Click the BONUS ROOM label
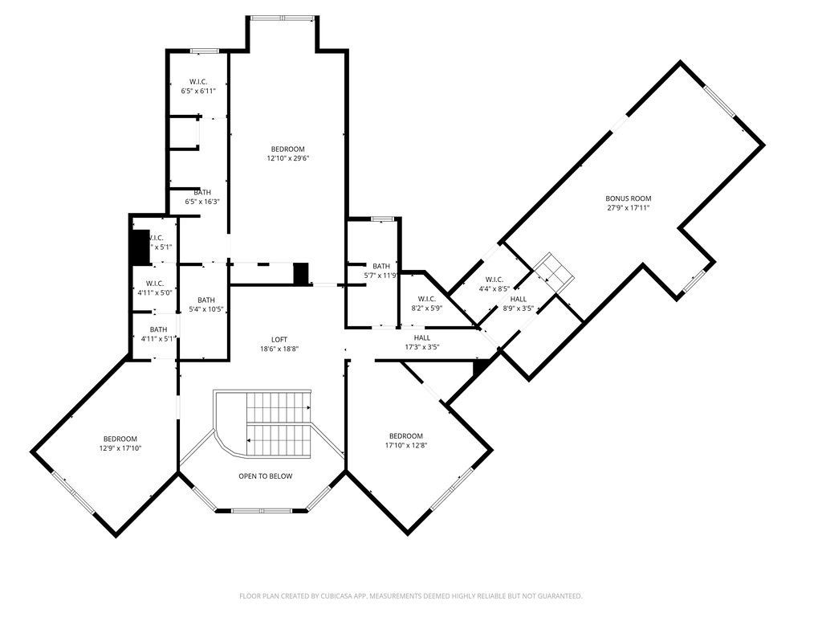point(628,198)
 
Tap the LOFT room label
point(279,340)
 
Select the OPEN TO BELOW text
point(265,476)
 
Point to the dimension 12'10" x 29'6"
point(287,159)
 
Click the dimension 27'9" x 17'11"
point(628,208)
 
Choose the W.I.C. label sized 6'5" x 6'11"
point(198,82)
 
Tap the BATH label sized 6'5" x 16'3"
point(202,192)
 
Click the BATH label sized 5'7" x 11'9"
point(380,266)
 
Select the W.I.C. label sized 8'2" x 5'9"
point(426,299)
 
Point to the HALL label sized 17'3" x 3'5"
point(422,338)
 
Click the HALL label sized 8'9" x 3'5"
point(519,299)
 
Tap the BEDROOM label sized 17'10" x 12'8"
point(405,436)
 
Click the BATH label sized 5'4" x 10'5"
point(206,300)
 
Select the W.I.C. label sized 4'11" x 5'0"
point(155,284)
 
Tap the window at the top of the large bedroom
point(281,18)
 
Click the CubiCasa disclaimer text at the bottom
point(410,596)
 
